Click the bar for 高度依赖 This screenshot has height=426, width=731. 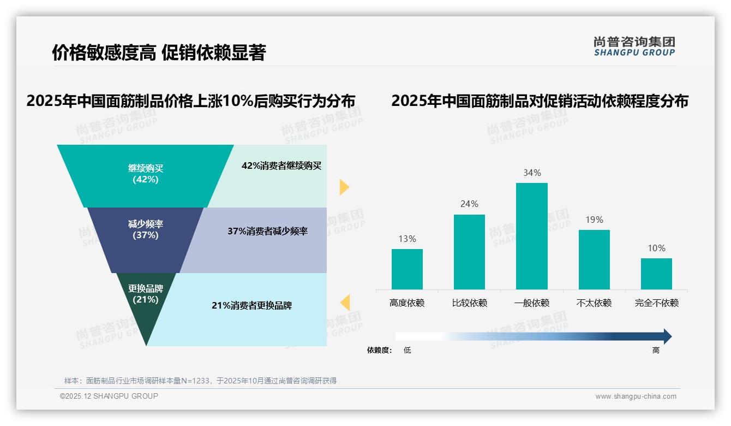(407, 269)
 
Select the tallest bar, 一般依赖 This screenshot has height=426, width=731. (531, 236)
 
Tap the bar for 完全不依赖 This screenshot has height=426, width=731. (656, 274)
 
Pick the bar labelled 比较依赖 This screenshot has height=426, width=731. (469, 252)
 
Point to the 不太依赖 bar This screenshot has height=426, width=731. (594, 259)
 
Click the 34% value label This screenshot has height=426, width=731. (532, 173)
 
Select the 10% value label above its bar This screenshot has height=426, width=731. (656, 248)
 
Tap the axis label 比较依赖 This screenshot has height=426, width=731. (469, 303)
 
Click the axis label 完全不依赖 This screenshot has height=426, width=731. (656, 303)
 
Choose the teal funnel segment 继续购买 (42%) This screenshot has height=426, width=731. (145, 174)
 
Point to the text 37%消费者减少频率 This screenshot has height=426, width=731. (267, 231)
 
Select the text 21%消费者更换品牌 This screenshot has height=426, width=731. (251, 305)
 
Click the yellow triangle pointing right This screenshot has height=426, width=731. (344, 187)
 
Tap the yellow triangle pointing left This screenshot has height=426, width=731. (345, 302)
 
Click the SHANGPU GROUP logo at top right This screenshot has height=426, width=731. (634, 46)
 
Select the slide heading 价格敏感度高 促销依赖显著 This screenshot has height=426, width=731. (158, 53)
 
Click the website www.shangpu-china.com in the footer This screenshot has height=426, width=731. (636, 397)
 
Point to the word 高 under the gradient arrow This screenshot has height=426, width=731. (656, 350)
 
